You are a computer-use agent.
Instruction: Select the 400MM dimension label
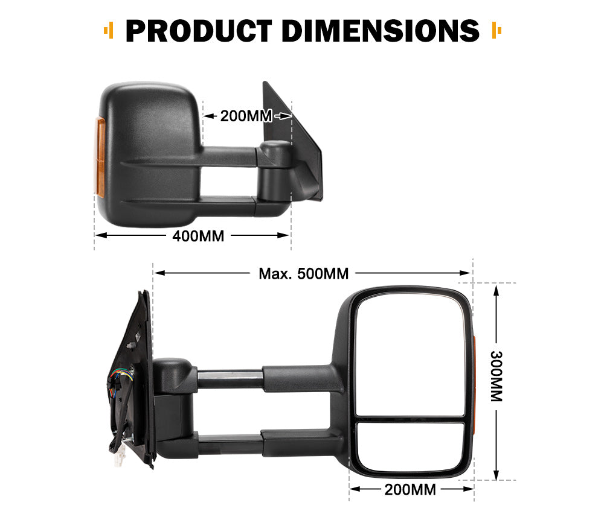(x=198, y=236)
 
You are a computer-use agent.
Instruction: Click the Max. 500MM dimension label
(x=304, y=273)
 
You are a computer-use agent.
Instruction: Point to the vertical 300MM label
(x=496, y=377)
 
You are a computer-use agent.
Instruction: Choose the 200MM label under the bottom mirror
(x=410, y=489)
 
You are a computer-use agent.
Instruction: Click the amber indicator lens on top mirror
(x=100, y=157)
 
